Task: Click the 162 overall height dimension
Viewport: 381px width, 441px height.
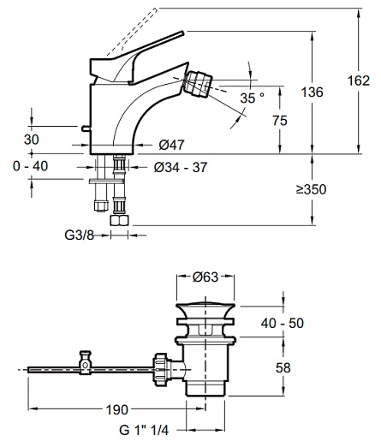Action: (359, 80)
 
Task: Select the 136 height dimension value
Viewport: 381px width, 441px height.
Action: (313, 92)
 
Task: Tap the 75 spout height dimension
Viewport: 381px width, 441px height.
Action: (280, 121)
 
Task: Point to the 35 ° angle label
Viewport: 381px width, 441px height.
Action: (252, 98)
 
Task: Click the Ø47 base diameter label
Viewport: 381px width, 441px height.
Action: (172, 145)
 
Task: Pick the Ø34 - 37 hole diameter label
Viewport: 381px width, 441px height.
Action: (181, 167)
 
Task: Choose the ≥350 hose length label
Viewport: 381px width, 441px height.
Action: (311, 189)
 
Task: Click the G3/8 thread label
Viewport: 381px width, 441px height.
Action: (80, 235)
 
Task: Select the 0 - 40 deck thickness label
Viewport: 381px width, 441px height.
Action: (31, 166)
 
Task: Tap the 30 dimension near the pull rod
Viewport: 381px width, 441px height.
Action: (32, 140)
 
